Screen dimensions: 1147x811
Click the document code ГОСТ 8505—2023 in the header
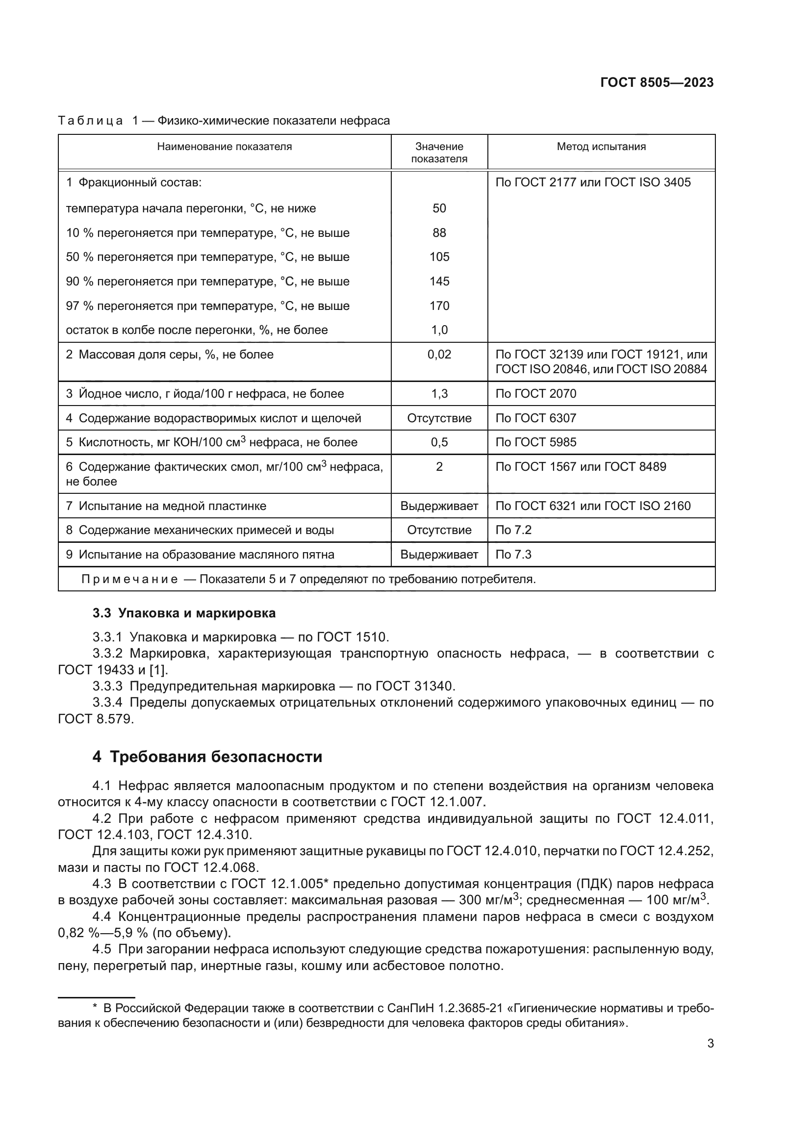point(657,83)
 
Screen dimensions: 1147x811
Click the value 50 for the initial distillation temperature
point(439,208)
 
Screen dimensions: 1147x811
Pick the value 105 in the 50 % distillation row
point(439,257)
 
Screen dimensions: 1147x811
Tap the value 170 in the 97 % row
point(439,306)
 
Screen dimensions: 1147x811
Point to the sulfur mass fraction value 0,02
point(439,355)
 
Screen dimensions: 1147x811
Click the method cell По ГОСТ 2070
point(535,394)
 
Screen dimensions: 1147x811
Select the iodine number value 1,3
point(439,394)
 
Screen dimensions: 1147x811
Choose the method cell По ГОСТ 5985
point(535,443)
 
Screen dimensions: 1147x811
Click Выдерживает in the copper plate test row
point(439,506)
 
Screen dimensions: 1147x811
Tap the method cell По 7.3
point(513,555)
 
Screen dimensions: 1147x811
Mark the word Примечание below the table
point(129,580)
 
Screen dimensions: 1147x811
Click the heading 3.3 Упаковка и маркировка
point(184,613)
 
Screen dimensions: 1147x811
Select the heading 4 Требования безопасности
point(207,757)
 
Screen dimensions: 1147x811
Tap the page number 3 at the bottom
point(710,1044)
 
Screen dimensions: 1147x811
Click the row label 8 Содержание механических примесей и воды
point(200,530)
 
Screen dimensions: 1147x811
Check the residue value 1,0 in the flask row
point(439,330)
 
